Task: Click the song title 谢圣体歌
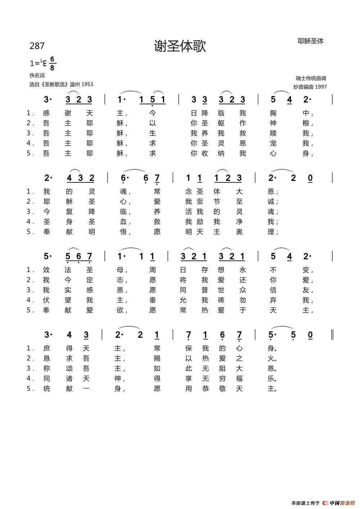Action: pyautogui.click(x=180, y=46)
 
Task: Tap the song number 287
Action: pyautogui.click(x=37, y=46)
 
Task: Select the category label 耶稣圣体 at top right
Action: pyautogui.click(x=310, y=41)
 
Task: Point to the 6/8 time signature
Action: pyautogui.click(x=52, y=63)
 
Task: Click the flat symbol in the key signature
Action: pyautogui.click(x=41, y=62)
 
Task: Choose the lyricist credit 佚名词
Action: pyautogui.click(x=37, y=76)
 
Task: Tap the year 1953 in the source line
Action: pyautogui.click(x=87, y=85)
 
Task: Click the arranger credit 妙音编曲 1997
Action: pyautogui.click(x=310, y=87)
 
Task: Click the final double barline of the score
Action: pyautogui.click(x=332, y=335)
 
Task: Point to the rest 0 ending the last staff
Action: pyautogui.click(x=310, y=335)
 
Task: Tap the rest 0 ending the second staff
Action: pyautogui.click(x=310, y=178)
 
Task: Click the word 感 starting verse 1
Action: pyautogui.click(x=46, y=113)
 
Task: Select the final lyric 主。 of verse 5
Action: pyautogui.click(x=272, y=388)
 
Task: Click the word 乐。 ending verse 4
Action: pyautogui.click(x=272, y=378)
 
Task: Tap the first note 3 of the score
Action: pyautogui.click(x=46, y=100)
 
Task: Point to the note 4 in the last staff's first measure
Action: pyautogui.click(x=69, y=335)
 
